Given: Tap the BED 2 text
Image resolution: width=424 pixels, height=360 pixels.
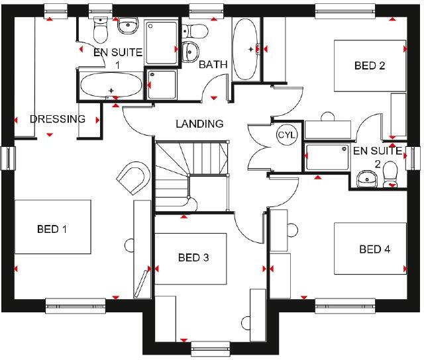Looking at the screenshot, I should point(370,66).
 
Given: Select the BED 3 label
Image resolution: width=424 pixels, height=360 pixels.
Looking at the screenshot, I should point(193,257).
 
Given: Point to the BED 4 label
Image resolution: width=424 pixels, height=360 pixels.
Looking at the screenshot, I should point(374,249).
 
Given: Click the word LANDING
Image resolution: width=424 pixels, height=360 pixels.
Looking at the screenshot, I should point(199,124).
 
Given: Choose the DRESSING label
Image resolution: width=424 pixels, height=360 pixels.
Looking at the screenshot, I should point(58,120).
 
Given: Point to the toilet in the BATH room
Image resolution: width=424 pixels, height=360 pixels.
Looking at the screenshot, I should point(195,30).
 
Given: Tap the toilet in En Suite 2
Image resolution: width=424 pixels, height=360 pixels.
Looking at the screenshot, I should point(390,174).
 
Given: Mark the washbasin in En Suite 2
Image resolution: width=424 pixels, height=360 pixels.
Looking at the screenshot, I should point(365,177).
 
